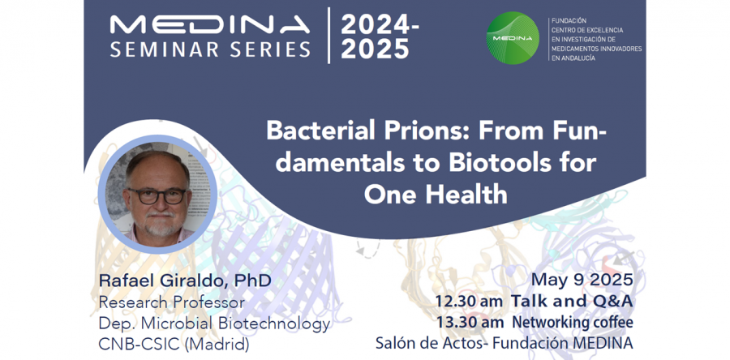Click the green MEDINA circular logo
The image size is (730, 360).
(513, 37)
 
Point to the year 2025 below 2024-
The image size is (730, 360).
(375, 49)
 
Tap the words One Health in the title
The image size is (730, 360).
(436, 195)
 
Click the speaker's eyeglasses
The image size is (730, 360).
(156, 196)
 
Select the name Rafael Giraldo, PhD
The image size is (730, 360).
(185, 281)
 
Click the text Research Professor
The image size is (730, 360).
(172, 302)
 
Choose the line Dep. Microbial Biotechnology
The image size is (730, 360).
(215, 324)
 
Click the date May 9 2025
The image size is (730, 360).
(582, 280)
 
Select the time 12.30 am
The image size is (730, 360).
(469, 302)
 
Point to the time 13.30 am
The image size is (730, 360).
(470, 323)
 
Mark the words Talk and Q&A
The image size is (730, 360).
(572, 302)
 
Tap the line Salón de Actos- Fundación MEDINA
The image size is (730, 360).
(505, 343)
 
